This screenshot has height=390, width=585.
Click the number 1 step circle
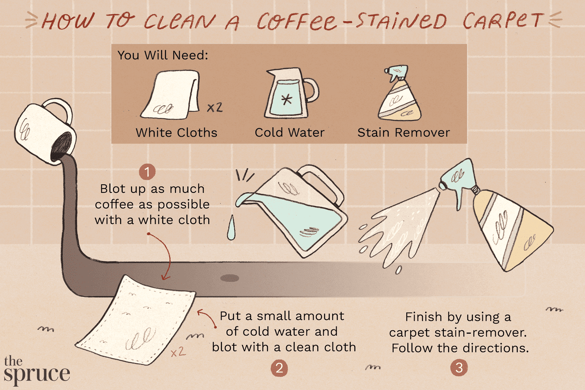[147, 172]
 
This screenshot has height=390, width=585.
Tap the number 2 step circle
[279, 368]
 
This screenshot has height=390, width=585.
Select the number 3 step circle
[459, 368]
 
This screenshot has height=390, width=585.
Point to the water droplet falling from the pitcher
[231, 228]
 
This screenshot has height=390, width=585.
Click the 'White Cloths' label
[176, 133]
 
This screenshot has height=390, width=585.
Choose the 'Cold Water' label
[289, 133]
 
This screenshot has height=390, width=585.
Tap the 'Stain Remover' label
[404, 133]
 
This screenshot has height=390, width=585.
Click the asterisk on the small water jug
[287, 99]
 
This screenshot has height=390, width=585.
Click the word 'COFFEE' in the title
[296, 22]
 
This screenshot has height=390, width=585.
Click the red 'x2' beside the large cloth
[178, 352]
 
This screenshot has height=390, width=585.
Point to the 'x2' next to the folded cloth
[214, 107]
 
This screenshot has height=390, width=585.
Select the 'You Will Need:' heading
[163, 55]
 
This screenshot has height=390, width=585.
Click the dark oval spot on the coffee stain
[230, 278]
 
